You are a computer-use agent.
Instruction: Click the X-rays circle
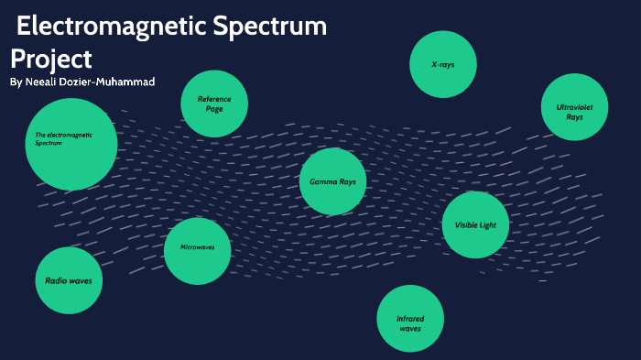click(x=443, y=64)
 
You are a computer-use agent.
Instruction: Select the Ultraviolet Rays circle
click(x=575, y=107)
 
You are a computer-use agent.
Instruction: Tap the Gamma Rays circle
click(x=332, y=181)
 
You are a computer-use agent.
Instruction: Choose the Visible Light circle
click(x=475, y=224)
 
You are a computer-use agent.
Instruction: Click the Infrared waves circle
click(x=410, y=318)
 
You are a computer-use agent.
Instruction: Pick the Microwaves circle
click(x=197, y=250)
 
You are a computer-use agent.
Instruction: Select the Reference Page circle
click(x=214, y=104)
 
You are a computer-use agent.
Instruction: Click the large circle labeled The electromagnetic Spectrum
click(x=71, y=144)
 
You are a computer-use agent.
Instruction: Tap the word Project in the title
click(x=51, y=59)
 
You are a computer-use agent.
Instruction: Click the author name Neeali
click(x=47, y=82)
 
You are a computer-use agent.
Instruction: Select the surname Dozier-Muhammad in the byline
click(x=114, y=82)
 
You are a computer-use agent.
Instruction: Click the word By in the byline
click(x=16, y=82)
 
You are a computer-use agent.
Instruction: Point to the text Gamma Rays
click(x=332, y=181)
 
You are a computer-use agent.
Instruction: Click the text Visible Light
click(x=475, y=224)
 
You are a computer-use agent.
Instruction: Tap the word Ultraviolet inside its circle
click(x=575, y=107)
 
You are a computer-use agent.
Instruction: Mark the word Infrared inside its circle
click(x=410, y=318)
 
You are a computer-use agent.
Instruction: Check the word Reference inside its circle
click(x=214, y=98)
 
